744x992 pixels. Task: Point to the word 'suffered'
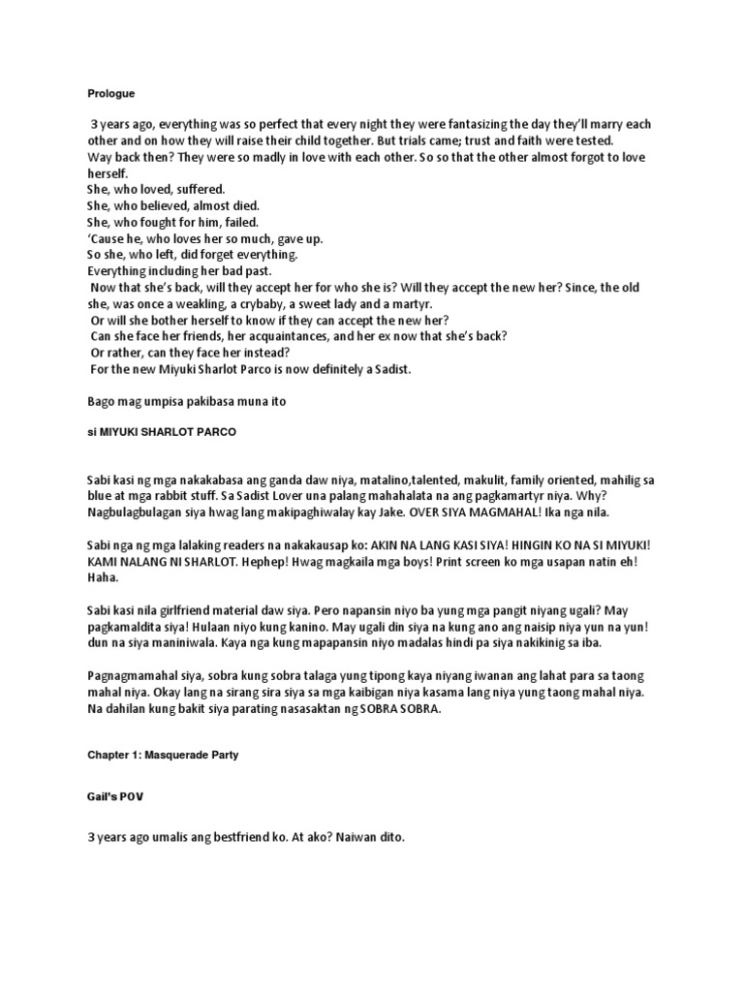coord(200,189)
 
